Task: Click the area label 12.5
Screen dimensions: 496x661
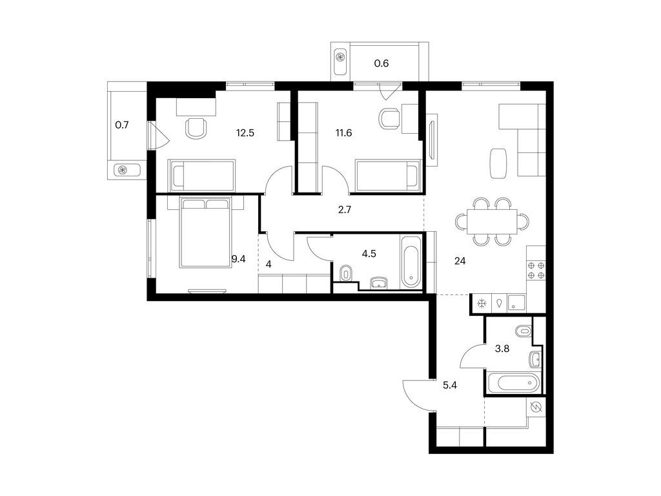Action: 245,134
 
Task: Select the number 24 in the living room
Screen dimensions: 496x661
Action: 460,262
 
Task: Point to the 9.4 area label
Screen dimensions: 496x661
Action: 239,260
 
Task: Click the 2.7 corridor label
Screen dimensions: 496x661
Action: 344,210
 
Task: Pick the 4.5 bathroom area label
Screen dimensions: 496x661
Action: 369,254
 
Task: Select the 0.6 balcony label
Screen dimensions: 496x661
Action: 382,63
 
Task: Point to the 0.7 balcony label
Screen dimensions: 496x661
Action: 122,125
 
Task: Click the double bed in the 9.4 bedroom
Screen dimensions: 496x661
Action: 205,232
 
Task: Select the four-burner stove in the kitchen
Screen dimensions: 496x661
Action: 536,270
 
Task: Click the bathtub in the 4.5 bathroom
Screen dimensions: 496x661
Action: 411,263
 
